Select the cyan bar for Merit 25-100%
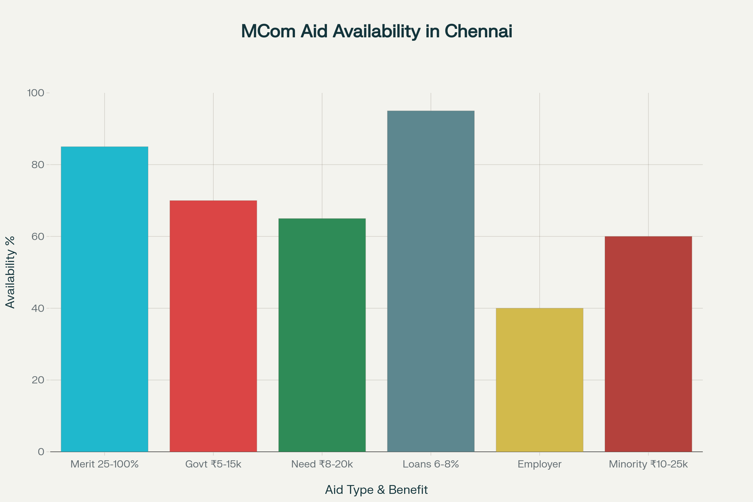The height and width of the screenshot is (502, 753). point(104,299)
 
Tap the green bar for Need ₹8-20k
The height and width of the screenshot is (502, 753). point(322,335)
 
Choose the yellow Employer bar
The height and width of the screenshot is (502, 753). point(539,380)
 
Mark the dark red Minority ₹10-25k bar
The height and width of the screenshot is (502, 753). point(648,344)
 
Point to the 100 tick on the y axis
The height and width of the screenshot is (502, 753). point(35,93)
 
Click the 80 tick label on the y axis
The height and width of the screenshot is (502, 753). point(37,164)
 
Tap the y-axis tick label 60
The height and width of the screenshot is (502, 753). point(37,237)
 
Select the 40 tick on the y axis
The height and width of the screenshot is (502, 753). point(37,308)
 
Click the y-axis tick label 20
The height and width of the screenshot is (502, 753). point(37,380)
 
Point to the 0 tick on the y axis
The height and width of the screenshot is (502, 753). point(41,452)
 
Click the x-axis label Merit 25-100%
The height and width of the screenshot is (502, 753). point(104,464)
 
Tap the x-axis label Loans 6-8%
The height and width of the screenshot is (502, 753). point(430,464)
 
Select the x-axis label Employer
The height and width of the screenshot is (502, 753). point(539,464)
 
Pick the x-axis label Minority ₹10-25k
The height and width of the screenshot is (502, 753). point(648,464)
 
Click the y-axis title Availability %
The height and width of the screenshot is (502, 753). point(10,272)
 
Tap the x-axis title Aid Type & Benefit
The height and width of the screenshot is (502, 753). point(376,490)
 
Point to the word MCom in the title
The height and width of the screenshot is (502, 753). point(268,31)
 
